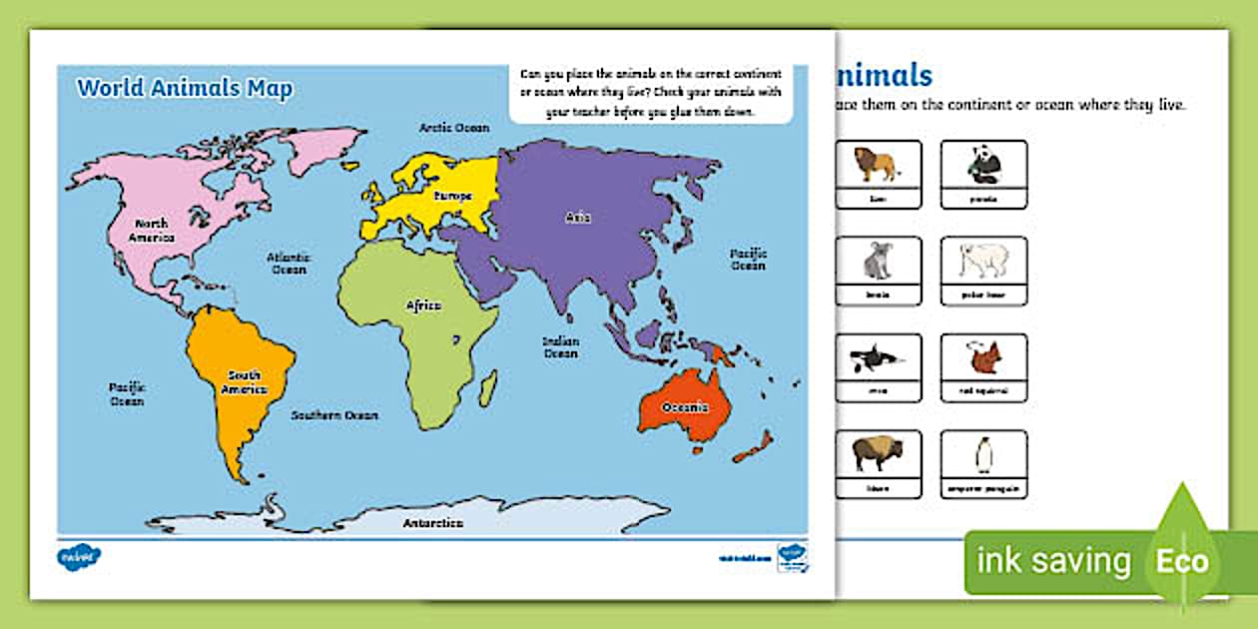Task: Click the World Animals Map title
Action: [x=185, y=88]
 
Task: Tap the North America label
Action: [x=152, y=231]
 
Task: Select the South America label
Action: [x=244, y=381]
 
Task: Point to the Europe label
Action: [x=451, y=197]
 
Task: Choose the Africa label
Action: [x=422, y=306]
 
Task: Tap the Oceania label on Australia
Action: [x=686, y=407]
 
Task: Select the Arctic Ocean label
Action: [x=453, y=128]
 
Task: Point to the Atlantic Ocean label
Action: [x=289, y=264]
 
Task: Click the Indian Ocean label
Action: [x=560, y=347]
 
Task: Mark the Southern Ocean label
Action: [x=334, y=415]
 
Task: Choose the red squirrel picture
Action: [x=983, y=357]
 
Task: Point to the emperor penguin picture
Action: [x=983, y=455]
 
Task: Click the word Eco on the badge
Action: [x=1183, y=561]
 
